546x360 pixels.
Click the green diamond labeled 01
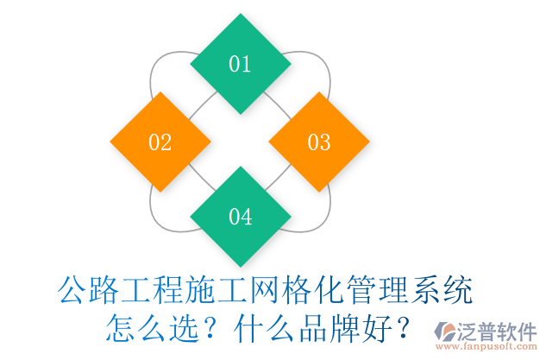click(240, 64)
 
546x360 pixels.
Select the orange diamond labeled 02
click(160, 142)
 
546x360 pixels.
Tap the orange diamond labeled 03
click(319, 142)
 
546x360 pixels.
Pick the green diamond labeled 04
click(240, 217)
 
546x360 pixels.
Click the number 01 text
click(240, 64)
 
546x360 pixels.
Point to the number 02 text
click(160, 142)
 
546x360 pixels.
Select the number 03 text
click(319, 142)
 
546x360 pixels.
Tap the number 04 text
click(240, 217)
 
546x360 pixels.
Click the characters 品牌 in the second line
click(323, 328)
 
